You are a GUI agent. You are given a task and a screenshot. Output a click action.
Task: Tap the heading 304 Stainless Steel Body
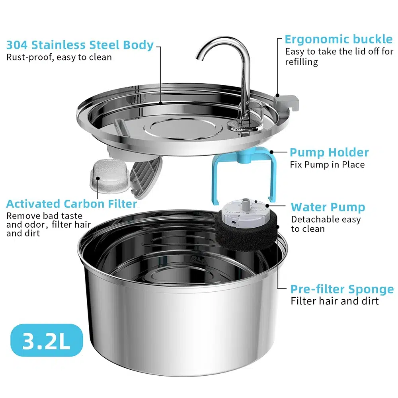80,45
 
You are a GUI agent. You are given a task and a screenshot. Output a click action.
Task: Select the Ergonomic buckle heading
338,39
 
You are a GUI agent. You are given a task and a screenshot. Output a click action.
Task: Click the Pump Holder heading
329,152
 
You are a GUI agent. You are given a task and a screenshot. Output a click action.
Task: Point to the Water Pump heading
328,207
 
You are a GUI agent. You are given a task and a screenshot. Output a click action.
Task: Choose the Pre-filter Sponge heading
342,289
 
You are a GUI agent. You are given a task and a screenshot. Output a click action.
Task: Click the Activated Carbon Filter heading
72,204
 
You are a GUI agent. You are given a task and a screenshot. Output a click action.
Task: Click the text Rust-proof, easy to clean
59,57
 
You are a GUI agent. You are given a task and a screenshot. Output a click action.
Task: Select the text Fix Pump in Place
328,164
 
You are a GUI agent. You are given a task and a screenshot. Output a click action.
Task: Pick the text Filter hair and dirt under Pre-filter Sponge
335,301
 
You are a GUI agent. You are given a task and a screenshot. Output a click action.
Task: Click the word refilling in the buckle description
301,62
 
